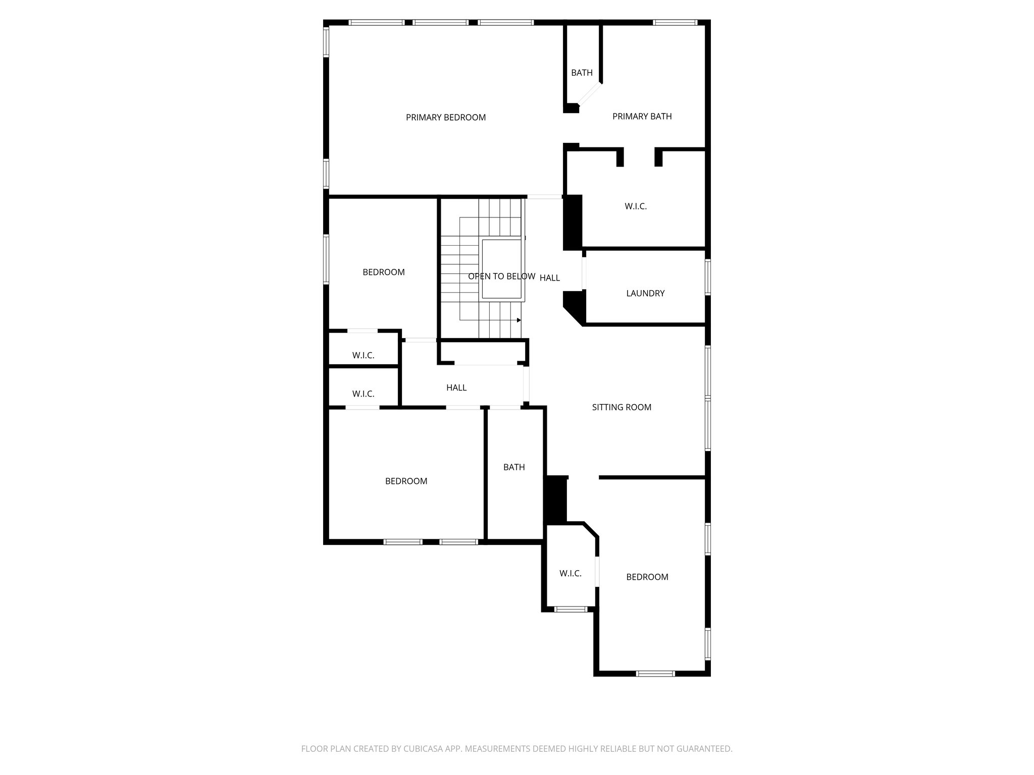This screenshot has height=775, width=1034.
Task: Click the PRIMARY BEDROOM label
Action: point(445,118)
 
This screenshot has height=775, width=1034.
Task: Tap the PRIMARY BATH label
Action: point(642,117)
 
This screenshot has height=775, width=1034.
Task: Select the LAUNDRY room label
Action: point(645,293)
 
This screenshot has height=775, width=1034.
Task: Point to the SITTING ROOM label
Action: point(621,407)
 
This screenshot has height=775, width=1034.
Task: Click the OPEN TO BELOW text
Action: point(501,276)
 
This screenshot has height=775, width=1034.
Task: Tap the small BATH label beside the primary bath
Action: point(582,73)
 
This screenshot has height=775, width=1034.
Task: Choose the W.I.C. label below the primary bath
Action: point(635,206)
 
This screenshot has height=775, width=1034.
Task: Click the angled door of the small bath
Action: point(590,94)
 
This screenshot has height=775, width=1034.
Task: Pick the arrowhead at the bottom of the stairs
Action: point(519,320)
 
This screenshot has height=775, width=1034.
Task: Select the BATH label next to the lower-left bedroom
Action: point(513,467)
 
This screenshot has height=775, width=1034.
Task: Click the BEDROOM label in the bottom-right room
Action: point(647,577)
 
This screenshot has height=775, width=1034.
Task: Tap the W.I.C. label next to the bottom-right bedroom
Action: point(570,574)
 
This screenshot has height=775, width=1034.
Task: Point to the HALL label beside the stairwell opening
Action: point(549,278)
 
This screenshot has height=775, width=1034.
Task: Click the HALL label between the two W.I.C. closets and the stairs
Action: point(456,387)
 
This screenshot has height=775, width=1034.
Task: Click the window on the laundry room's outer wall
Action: point(708,276)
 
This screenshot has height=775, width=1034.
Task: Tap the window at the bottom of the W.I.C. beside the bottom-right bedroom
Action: point(571,610)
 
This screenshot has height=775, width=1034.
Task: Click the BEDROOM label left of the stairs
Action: point(383,272)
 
